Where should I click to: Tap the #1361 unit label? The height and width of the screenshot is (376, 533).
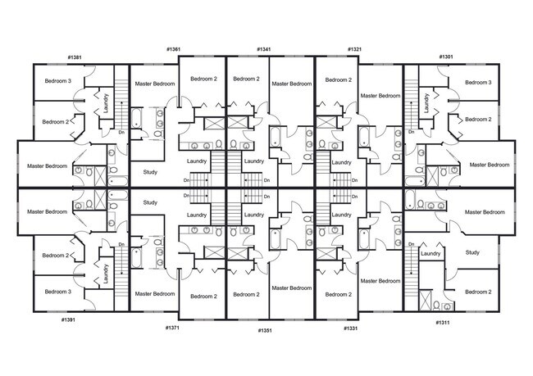(x=173, y=49)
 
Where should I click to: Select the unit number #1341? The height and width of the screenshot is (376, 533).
(x=263, y=49)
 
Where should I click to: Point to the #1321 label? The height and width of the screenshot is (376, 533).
(x=353, y=49)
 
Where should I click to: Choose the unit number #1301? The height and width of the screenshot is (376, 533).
(x=446, y=57)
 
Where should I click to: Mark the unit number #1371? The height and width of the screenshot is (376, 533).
(x=172, y=328)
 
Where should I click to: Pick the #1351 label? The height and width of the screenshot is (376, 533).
(x=263, y=330)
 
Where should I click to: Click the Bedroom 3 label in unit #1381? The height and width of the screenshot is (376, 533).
(x=58, y=81)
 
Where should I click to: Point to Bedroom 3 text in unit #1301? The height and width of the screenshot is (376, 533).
(x=477, y=82)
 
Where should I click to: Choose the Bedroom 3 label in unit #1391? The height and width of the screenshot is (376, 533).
(x=58, y=292)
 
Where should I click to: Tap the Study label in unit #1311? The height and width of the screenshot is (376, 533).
(x=472, y=252)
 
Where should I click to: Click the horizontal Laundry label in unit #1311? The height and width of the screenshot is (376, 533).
(x=431, y=254)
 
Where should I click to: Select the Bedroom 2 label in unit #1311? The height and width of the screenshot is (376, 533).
(x=479, y=292)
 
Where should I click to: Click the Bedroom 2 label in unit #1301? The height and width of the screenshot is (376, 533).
(x=478, y=120)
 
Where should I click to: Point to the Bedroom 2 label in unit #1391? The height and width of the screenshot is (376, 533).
(x=55, y=256)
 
